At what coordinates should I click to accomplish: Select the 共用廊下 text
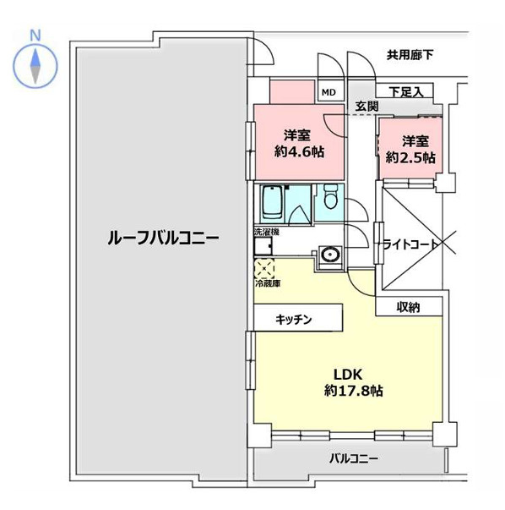410,56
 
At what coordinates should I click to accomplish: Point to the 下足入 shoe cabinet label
405,91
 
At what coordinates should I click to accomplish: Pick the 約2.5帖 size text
410,157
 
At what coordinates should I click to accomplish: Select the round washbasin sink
329,254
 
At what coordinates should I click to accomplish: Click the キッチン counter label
294,320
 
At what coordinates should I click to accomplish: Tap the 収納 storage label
409,307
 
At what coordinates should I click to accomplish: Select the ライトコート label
411,244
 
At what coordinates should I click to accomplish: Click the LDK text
346,375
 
